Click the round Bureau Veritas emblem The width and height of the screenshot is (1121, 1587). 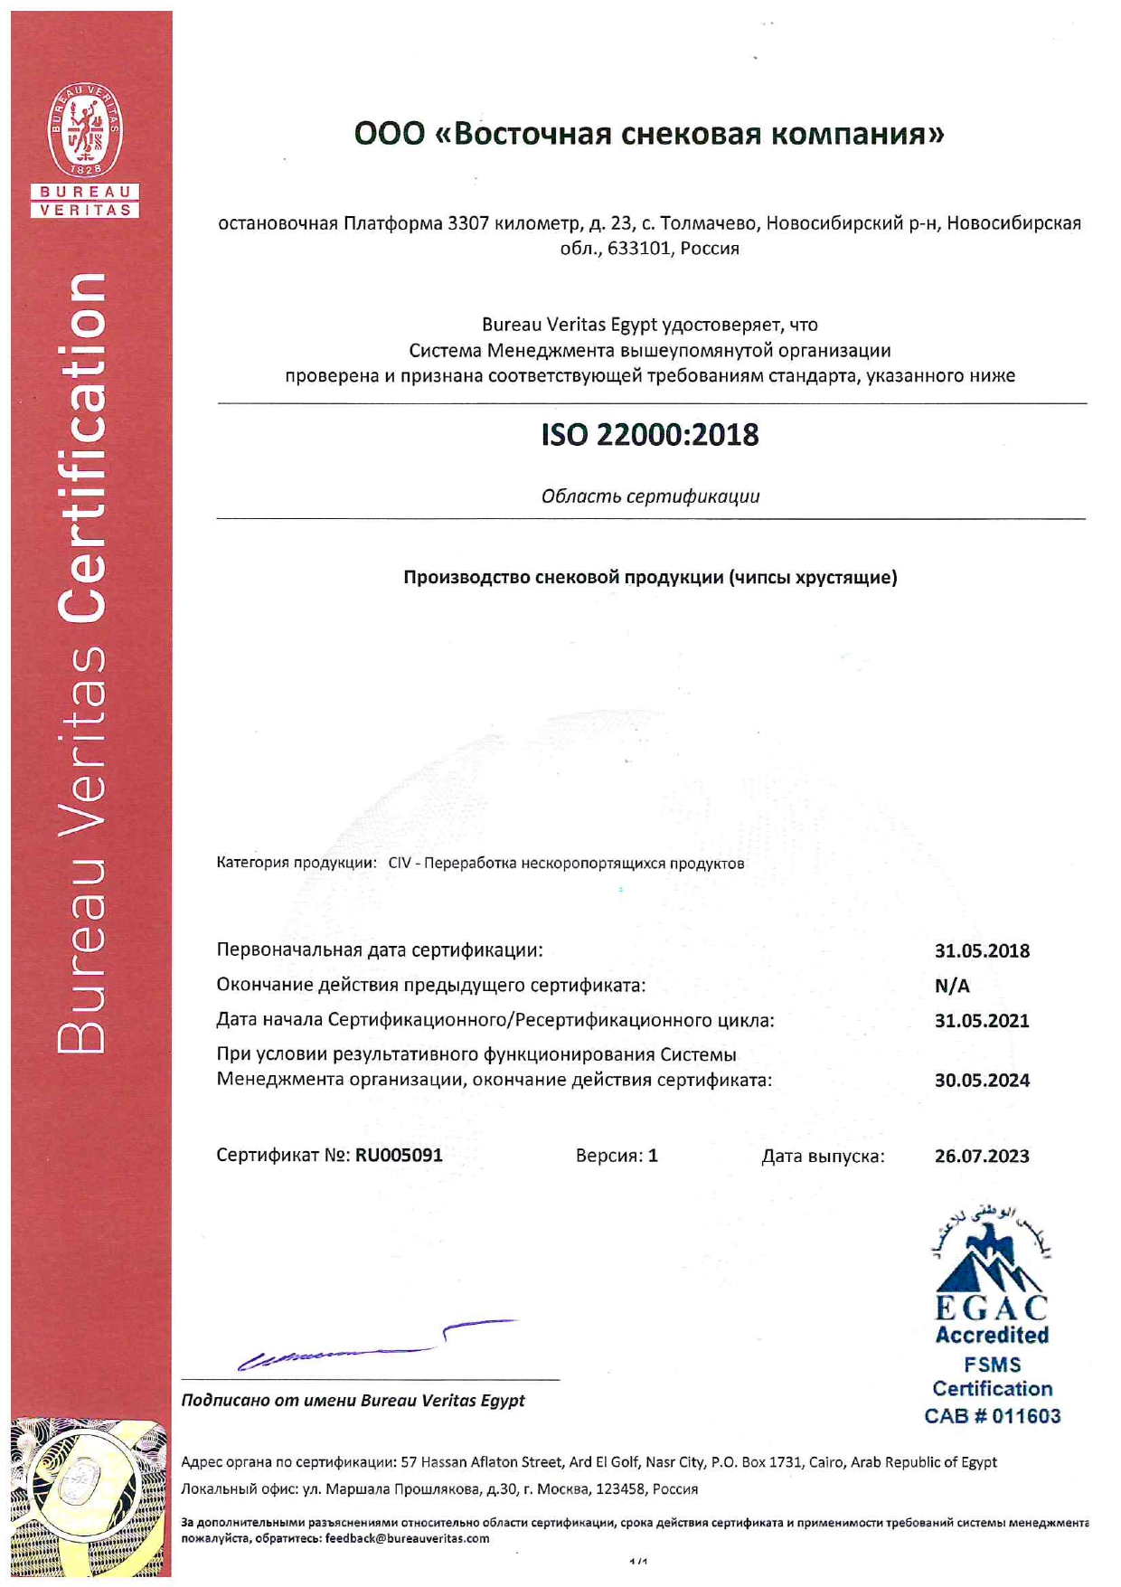click(86, 131)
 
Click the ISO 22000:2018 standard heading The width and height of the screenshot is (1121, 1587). click(649, 435)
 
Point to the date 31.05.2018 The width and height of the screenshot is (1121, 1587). click(982, 950)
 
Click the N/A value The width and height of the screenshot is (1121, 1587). click(952, 986)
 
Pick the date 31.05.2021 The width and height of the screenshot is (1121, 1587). click(982, 1021)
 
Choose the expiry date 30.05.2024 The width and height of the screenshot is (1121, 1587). click(982, 1080)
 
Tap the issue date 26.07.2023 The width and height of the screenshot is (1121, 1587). click(982, 1156)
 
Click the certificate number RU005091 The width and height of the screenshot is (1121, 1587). click(399, 1155)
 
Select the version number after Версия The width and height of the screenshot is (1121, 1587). click(653, 1156)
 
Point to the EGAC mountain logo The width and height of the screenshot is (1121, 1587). click(991, 1261)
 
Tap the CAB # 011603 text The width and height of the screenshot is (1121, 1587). click(992, 1416)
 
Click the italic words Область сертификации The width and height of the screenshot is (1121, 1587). click(650, 496)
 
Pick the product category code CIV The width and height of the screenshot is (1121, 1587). click(400, 863)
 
